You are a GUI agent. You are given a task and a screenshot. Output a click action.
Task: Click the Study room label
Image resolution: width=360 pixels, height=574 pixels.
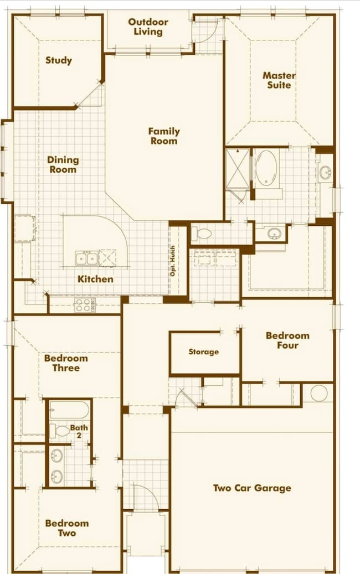click(x=59, y=60)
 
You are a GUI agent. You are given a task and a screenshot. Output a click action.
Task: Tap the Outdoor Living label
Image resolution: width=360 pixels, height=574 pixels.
click(x=148, y=27)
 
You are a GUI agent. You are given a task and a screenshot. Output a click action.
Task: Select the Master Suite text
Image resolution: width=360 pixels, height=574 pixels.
click(x=279, y=80)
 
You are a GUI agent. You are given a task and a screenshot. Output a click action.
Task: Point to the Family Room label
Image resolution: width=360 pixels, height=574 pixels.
click(x=164, y=136)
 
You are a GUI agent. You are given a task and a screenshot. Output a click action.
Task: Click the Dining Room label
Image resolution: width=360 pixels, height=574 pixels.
click(x=63, y=164)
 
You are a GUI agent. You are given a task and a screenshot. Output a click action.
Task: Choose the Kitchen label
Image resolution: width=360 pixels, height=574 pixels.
click(x=95, y=279)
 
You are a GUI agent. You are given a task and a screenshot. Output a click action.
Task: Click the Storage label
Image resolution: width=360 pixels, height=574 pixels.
click(x=203, y=352)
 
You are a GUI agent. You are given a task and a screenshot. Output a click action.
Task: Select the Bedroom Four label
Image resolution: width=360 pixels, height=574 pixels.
click(x=287, y=340)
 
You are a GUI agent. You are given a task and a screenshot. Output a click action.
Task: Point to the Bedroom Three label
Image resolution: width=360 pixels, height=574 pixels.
click(x=66, y=363)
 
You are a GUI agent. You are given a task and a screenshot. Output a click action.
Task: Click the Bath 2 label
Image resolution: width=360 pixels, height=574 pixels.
click(x=79, y=432)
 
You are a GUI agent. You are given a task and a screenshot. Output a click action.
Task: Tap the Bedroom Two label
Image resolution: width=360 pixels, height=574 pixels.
click(x=67, y=528)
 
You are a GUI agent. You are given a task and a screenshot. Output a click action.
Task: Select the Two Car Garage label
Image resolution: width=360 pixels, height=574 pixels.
click(x=252, y=488)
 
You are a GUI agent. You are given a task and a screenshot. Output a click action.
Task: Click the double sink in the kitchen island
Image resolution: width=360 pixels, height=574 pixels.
click(x=86, y=258)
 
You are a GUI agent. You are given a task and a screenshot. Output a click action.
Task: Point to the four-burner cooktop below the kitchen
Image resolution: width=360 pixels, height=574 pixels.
click(x=85, y=304)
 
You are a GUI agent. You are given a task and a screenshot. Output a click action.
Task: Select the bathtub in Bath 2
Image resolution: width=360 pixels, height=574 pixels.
click(x=69, y=411)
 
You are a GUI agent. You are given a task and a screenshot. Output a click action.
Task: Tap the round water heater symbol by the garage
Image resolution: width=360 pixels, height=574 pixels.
click(x=318, y=394)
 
